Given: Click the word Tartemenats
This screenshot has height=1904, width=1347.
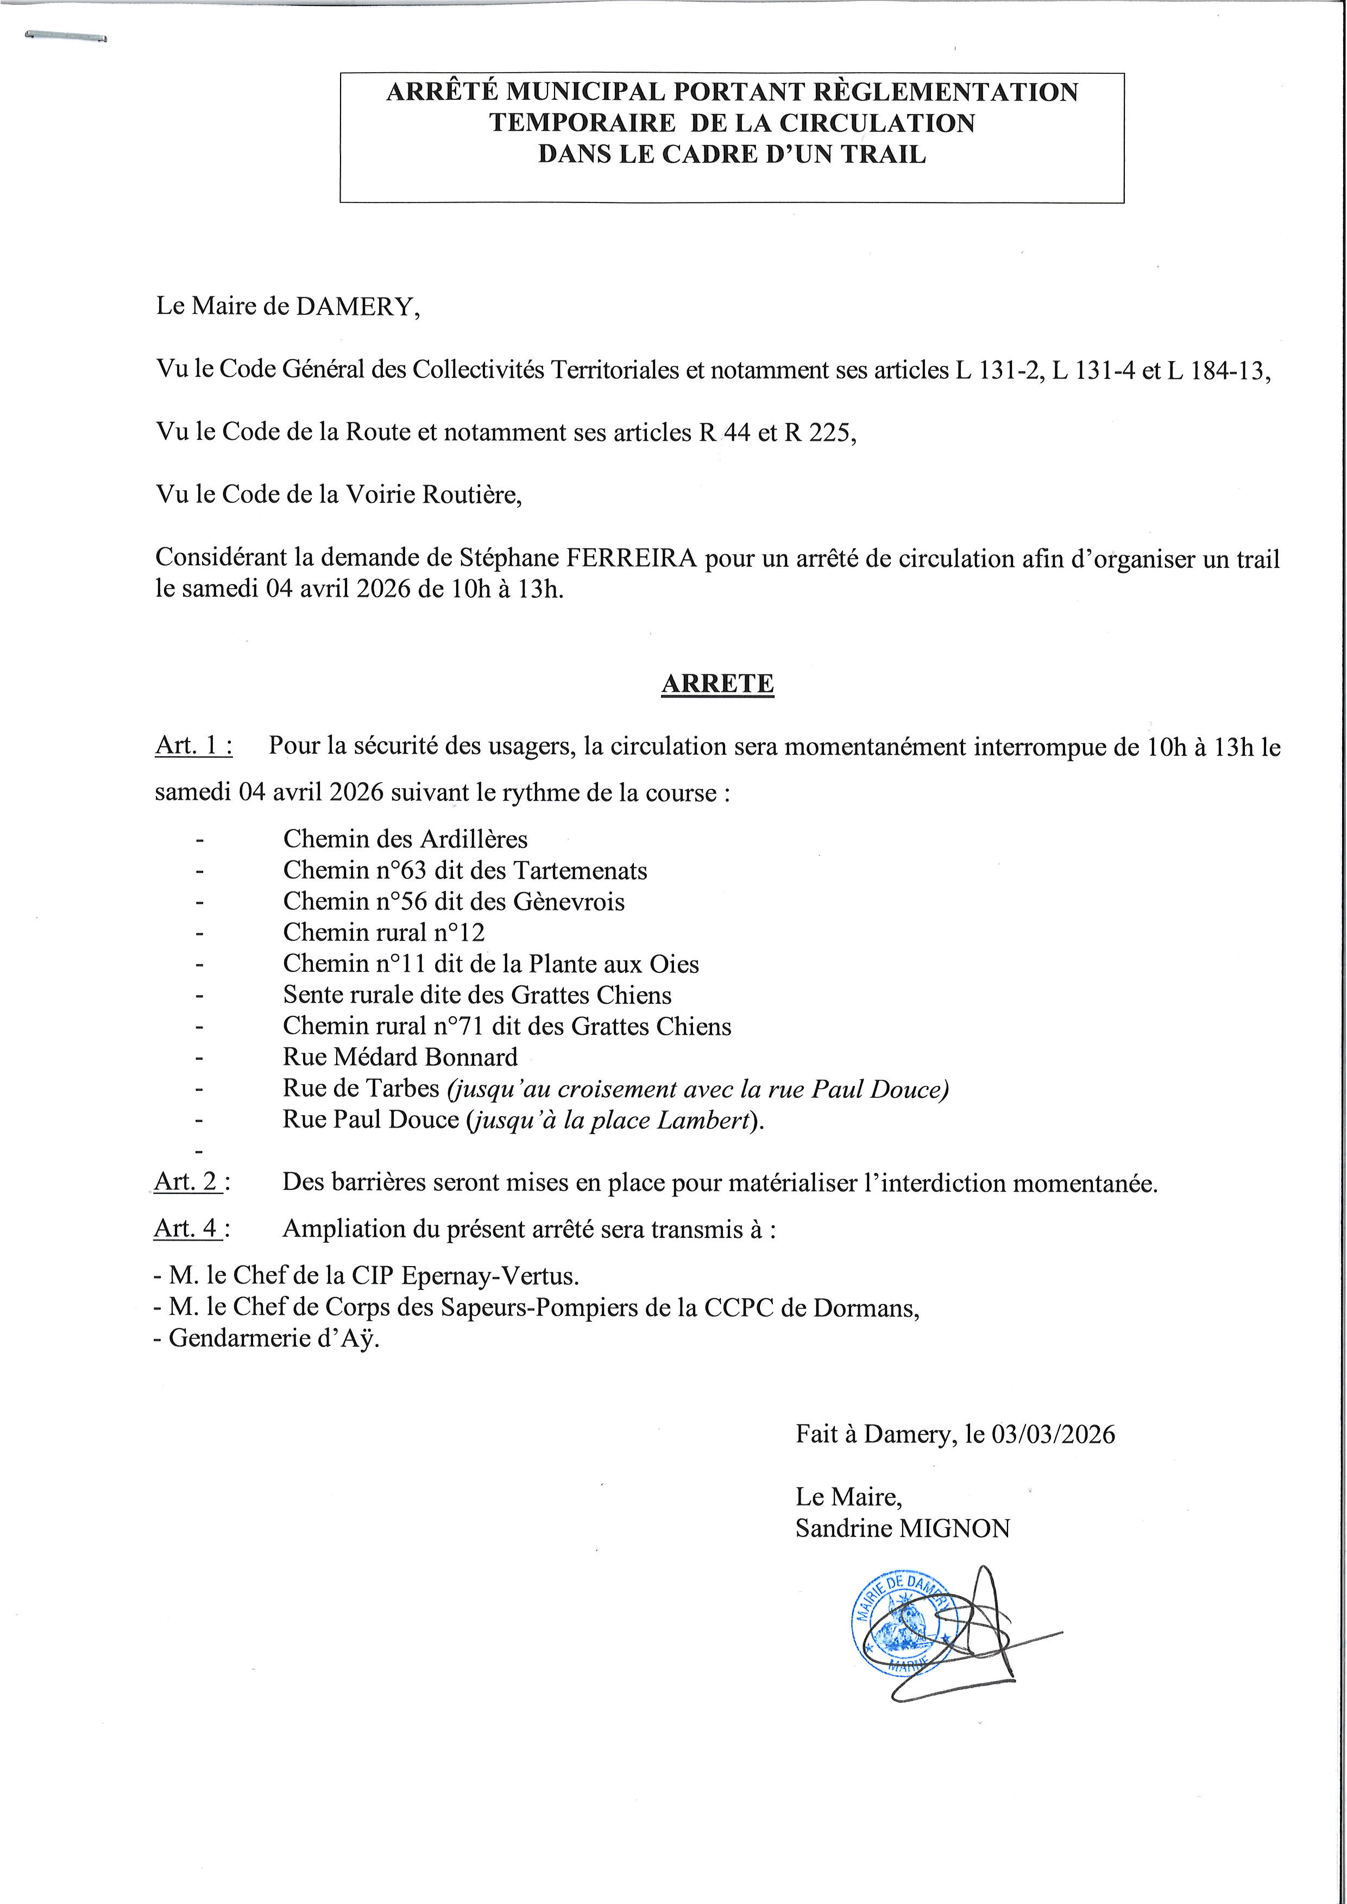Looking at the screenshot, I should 580,871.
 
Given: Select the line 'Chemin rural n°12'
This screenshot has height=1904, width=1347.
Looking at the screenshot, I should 383,933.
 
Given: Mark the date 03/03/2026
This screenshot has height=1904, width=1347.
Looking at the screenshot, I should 1053,1434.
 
